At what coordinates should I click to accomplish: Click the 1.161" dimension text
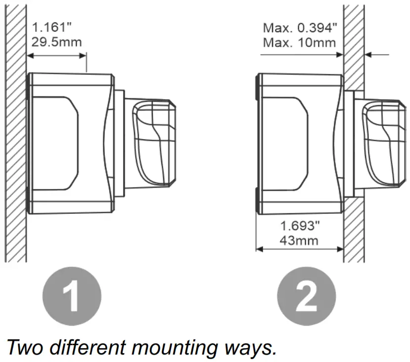point(48,27)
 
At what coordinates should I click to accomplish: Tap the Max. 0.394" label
point(299,27)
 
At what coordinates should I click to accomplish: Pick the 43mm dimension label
point(300,241)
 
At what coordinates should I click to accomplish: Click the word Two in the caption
point(27,347)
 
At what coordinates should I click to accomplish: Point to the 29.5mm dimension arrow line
point(57,55)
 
